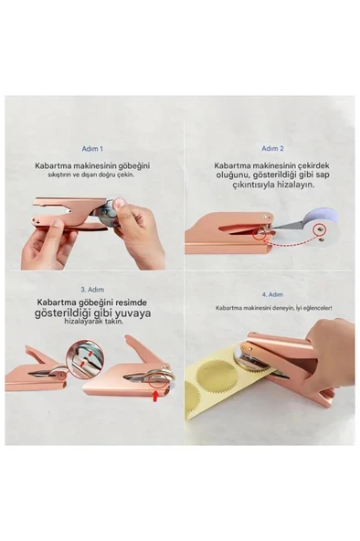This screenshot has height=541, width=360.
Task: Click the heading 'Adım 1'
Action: click(93, 147)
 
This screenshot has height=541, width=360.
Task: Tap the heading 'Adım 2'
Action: click(272, 147)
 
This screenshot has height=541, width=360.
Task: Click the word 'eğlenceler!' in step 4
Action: click(315, 308)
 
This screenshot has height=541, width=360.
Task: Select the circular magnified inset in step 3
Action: click(51, 369)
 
